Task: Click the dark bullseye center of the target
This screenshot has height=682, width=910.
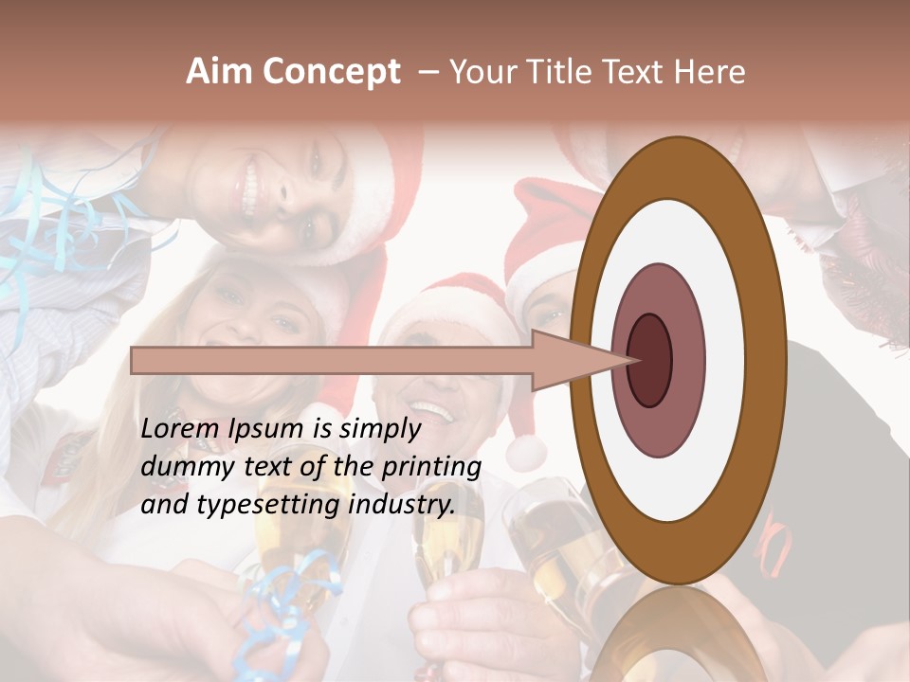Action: [x=649, y=360]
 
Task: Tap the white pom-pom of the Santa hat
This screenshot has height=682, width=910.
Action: [x=525, y=452]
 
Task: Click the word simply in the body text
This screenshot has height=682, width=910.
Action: [x=379, y=429]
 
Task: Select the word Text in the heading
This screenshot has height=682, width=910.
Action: [x=635, y=72]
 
